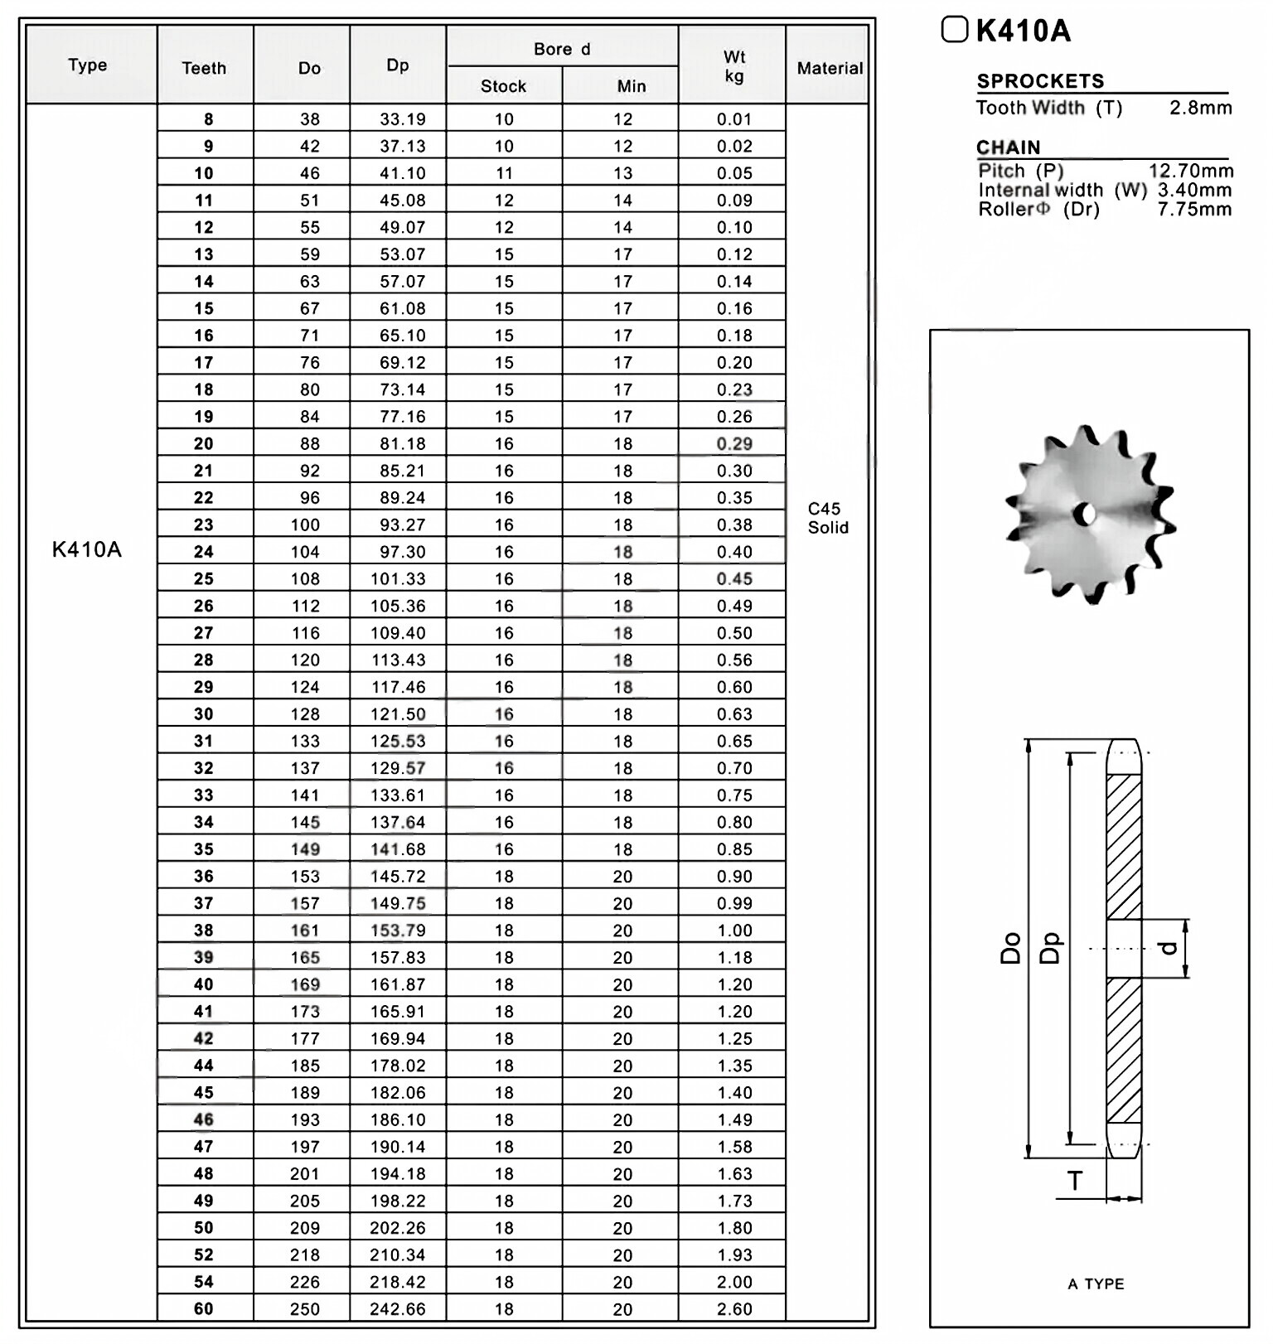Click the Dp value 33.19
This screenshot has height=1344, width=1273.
402,119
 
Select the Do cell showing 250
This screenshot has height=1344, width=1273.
305,1309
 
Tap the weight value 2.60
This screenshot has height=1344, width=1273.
734,1309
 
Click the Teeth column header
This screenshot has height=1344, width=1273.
204,68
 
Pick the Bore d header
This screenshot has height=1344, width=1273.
562,49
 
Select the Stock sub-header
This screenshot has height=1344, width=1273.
503,86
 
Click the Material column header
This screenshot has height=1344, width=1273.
830,68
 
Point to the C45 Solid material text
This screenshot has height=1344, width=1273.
827,518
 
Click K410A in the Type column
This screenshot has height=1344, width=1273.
87,549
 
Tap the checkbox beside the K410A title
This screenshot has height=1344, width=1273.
955,30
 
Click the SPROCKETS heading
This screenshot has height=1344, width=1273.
1040,81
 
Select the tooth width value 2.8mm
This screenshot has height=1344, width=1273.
1200,108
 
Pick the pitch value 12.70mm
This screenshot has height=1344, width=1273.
1191,171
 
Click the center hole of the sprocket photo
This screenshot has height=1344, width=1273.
1085,515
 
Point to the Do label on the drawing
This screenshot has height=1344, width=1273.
1010,948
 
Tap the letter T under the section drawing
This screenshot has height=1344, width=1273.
1075,1182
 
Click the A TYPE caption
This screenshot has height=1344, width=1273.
1096,1284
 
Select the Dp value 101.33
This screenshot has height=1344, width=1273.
398,579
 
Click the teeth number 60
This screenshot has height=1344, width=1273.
204,1309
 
